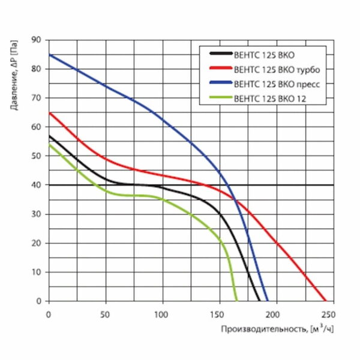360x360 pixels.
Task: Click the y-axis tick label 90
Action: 37,40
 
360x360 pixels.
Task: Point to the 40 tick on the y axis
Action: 37,185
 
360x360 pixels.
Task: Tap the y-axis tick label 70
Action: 37,98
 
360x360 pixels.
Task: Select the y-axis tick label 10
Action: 37,272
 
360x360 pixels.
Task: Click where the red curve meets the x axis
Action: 326,301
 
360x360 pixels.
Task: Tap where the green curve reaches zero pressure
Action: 236,301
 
